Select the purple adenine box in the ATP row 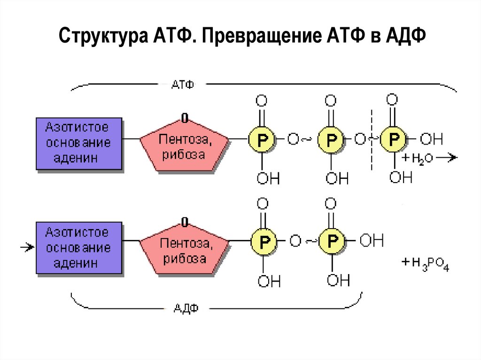coord(78,143)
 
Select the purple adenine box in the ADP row coord(78,247)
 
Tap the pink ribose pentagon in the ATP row coord(185,146)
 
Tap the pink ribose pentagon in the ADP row coord(185,250)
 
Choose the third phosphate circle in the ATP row coord(393,139)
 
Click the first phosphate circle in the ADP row coord(264,242)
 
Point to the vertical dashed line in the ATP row coord(372,140)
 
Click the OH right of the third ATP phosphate coord(431,139)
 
